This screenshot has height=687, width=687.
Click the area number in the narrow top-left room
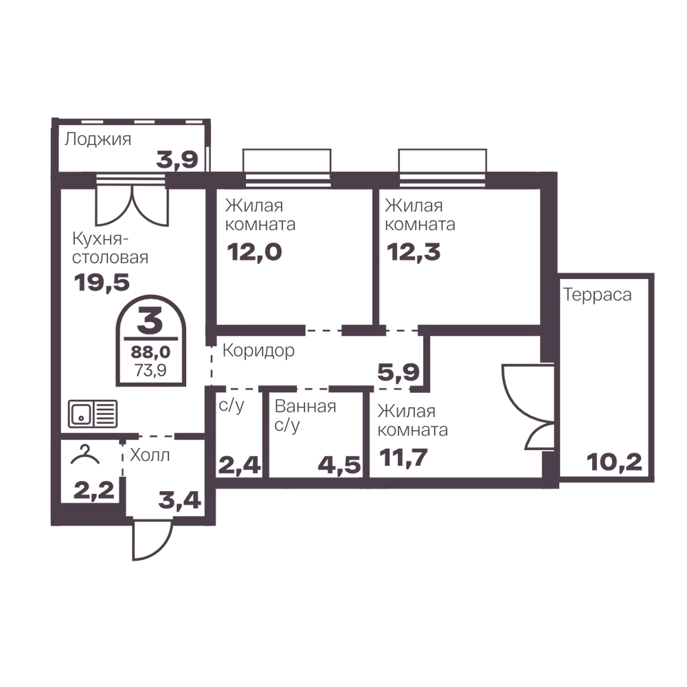pos(175,157)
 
